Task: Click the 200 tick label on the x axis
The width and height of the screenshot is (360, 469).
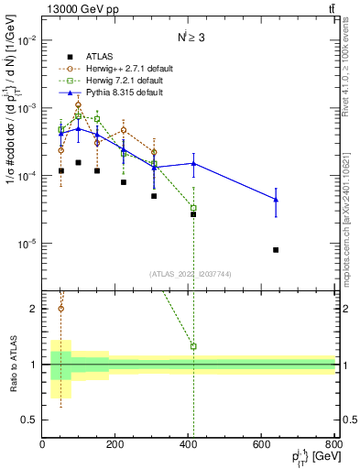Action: point(115,444)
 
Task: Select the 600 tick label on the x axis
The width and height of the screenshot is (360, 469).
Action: point(262,444)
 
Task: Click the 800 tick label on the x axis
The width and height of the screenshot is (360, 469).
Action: point(333,444)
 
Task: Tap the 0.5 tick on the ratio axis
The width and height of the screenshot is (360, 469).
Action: point(30,420)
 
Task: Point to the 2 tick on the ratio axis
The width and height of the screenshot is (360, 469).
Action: point(34,309)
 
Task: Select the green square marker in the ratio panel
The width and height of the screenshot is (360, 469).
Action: point(193,346)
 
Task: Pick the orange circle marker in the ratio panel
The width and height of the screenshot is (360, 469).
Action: point(61,308)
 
